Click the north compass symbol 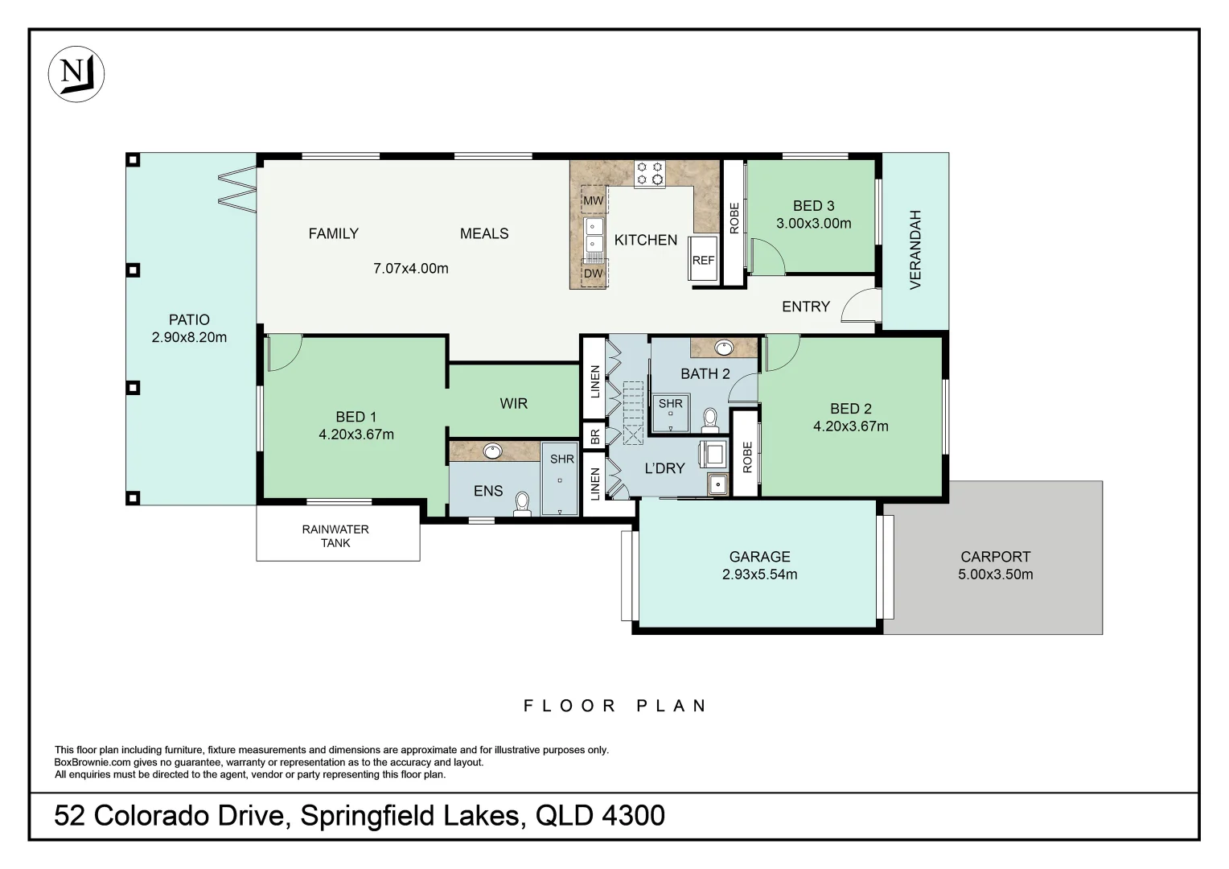click(76, 74)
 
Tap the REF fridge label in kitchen click(703, 261)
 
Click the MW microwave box click(593, 200)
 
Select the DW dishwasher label click(593, 274)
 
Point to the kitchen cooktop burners click(649, 173)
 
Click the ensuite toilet click(523, 504)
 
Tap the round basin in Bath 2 click(724, 348)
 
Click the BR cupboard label click(594, 436)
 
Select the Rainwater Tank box click(337, 535)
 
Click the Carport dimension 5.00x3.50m click(995, 575)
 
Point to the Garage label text click(759, 557)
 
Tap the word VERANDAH click(915, 249)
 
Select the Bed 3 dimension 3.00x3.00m click(813, 224)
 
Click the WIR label click(513, 403)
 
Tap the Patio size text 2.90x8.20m click(189, 338)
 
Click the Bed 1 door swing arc click(283, 354)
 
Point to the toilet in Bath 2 click(710, 419)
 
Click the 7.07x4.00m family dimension click(410, 269)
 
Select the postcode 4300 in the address click(633, 816)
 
